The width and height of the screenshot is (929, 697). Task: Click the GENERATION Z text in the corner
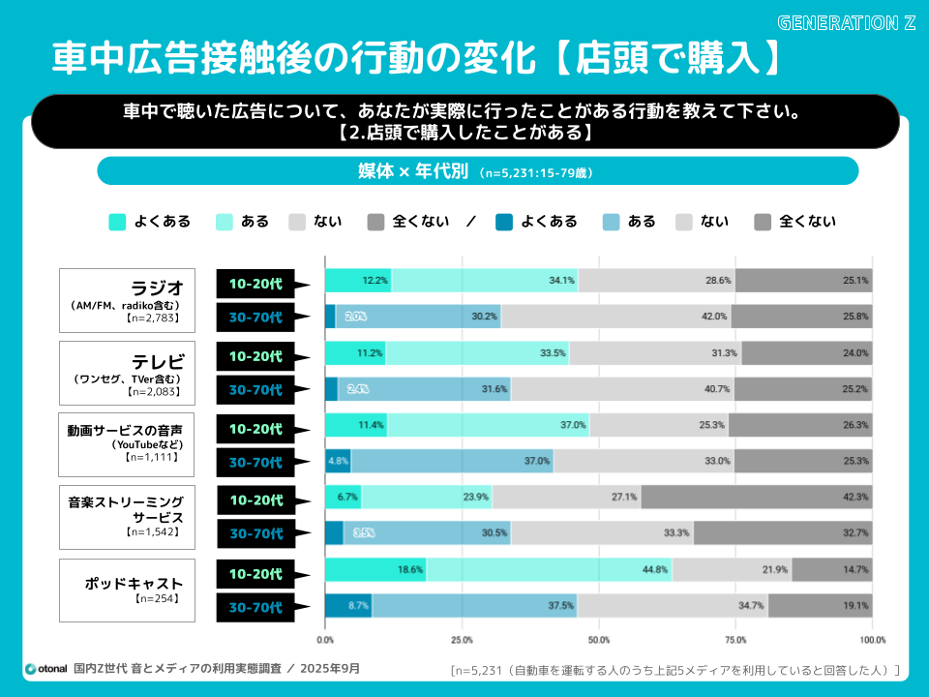(846, 22)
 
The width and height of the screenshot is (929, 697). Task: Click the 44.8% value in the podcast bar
(655, 570)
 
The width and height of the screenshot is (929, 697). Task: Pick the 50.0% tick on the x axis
(599, 640)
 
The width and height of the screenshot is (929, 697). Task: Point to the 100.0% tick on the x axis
(872, 640)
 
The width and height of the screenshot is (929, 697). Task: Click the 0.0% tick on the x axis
(326, 640)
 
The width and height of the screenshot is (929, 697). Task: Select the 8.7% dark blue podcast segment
(348, 606)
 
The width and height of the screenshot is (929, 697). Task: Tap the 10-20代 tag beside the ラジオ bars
(256, 284)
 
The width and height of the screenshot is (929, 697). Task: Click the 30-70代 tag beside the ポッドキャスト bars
(256, 608)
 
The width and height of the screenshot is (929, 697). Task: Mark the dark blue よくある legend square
(503, 222)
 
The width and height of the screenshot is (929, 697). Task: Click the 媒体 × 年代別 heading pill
(477, 171)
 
